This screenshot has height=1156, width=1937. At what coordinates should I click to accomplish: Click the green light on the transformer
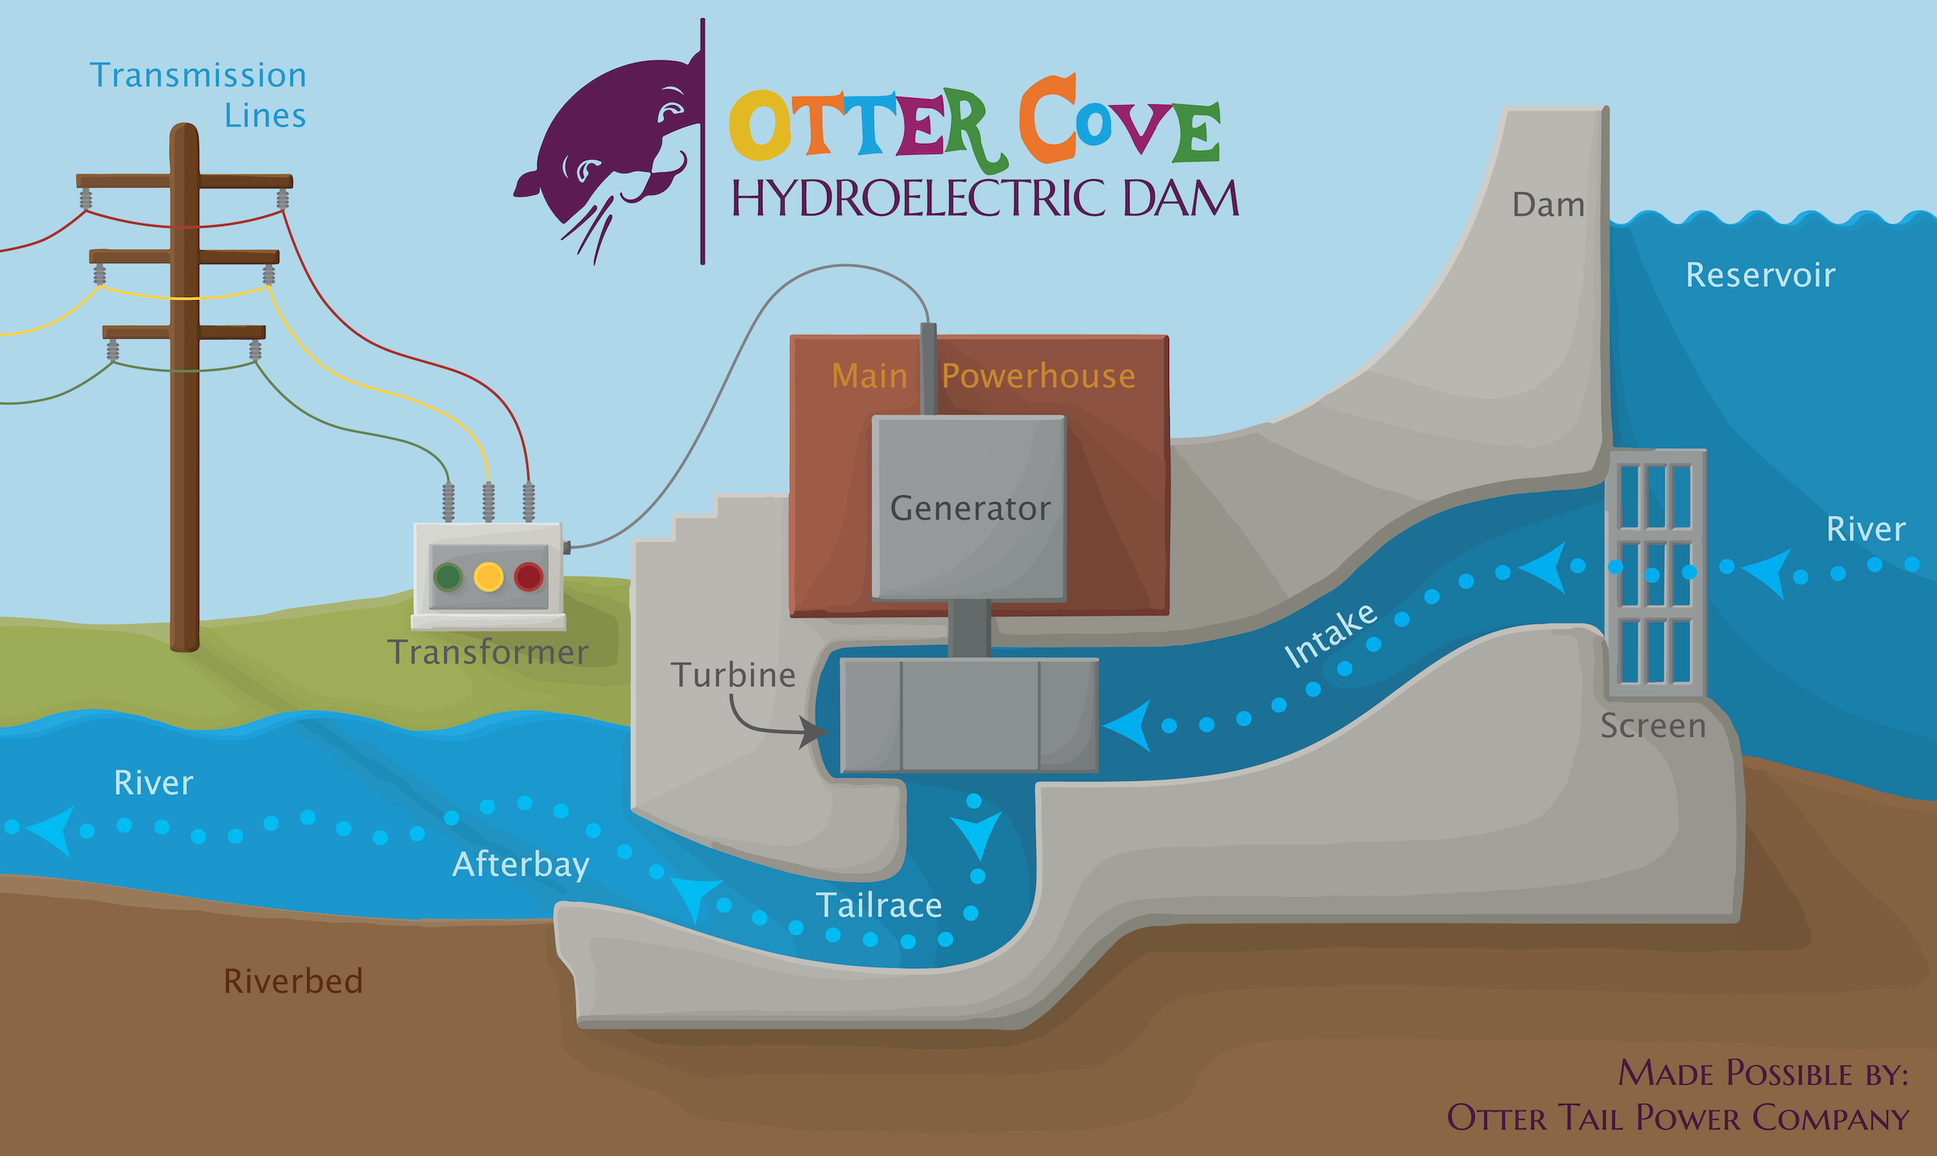[448, 577]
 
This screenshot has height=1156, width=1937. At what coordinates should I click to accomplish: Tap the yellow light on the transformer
[489, 577]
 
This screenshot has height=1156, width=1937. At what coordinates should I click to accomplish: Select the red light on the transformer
[528, 577]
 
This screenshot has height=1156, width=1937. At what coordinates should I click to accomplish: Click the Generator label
[971, 508]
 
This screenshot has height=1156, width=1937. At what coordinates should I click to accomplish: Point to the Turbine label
[733, 674]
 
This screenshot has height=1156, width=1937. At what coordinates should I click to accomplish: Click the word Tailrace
[878, 905]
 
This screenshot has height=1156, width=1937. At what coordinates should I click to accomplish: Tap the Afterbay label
[521, 865]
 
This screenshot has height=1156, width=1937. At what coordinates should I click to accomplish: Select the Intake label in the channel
[1329, 636]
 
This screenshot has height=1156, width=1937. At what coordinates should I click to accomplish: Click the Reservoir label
[1760, 275]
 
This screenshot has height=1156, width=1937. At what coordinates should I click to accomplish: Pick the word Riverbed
[293, 981]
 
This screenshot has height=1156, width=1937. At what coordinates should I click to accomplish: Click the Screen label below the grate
[1653, 725]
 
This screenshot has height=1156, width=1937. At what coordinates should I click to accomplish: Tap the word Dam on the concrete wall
[1548, 205]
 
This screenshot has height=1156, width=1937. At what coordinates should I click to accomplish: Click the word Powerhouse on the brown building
[1038, 377]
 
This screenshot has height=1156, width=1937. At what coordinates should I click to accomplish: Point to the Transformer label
[488, 652]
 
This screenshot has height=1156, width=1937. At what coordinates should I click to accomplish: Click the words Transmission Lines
[198, 95]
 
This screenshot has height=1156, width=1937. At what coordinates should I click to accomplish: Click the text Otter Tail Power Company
[1677, 1118]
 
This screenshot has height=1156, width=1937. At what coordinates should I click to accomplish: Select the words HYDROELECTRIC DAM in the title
[985, 198]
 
